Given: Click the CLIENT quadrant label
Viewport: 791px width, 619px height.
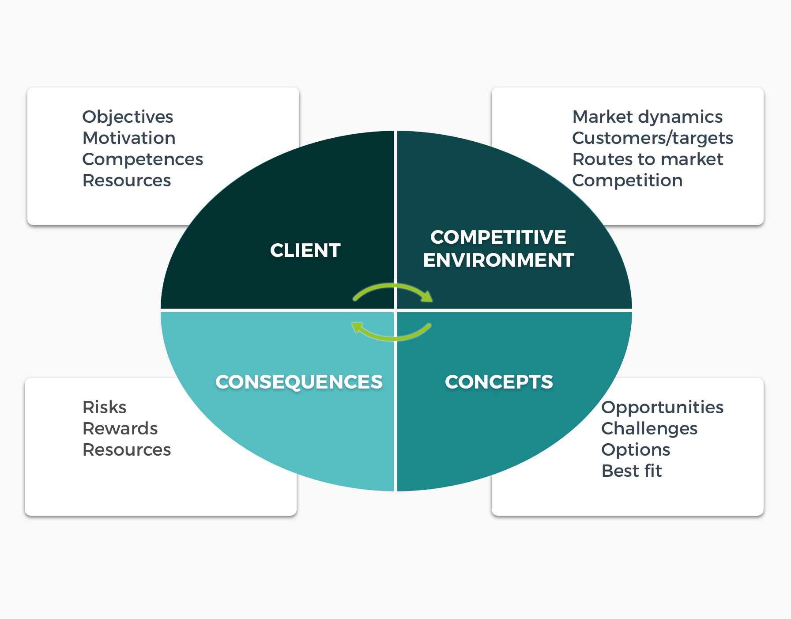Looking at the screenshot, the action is click(305, 250).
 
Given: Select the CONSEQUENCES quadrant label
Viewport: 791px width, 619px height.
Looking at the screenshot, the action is click(299, 382).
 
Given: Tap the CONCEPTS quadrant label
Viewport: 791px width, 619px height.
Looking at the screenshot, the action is click(499, 382).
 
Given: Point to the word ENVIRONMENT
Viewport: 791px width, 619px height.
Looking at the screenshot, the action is click(498, 260).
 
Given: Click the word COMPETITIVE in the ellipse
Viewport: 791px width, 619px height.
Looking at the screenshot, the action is click(498, 237).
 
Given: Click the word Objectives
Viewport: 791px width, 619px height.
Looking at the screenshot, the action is click(128, 117).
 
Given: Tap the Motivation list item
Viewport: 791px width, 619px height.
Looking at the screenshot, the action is click(129, 138).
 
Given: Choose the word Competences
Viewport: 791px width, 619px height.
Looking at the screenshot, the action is click(143, 160).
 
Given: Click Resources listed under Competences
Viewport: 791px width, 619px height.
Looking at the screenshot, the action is click(127, 181).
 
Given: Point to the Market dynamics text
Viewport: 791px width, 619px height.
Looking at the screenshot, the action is click(648, 117).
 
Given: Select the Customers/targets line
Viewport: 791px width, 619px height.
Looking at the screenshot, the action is click(653, 139).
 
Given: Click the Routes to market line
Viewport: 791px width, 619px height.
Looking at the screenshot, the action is click(648, 159).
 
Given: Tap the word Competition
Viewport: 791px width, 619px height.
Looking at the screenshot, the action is click(627, 181).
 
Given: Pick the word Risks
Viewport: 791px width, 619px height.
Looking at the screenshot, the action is click(105, 408).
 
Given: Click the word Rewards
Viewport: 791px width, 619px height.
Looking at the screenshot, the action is click(120, 429).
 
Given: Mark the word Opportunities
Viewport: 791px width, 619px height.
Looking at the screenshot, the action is click(663, 408).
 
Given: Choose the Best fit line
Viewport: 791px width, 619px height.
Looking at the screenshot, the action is click(632, 471).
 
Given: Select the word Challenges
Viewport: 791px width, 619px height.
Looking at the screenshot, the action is click(649, 429).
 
